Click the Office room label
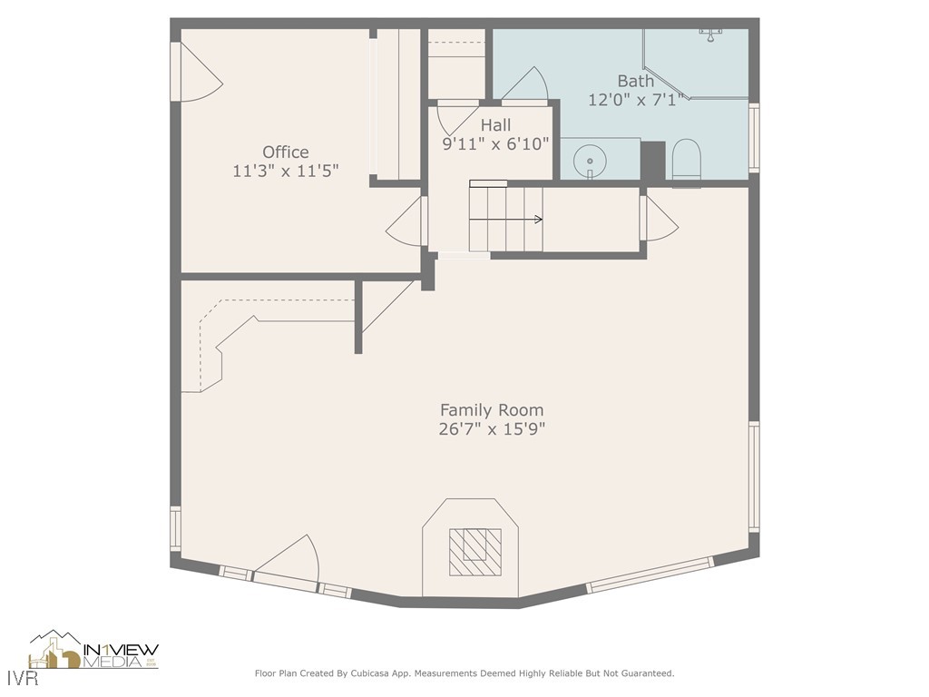pyautogui.click(x=286, y=152)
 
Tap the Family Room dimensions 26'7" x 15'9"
pyautogui.click(x=492, y=429)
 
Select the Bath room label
pyautogui.click(x=635, y=82)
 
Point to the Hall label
pyautogui.click(x=495, y=125)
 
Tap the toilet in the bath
pyautogui.click(x=686, y=161)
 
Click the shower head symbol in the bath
pyautogui.click(x=709, y=34)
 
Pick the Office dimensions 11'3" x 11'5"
pyautogui.click(x=286, y=171)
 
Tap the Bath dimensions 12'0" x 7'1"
pyautogui.click(x=635, y=100)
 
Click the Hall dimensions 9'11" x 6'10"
pyautogui.click(x=495, y=143)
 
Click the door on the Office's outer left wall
pyautogui.click(x=195, y=73)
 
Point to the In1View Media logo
pyautogui.click(x=94, y=652)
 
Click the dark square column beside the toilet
pyautogui.click(x=652, y=161)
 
